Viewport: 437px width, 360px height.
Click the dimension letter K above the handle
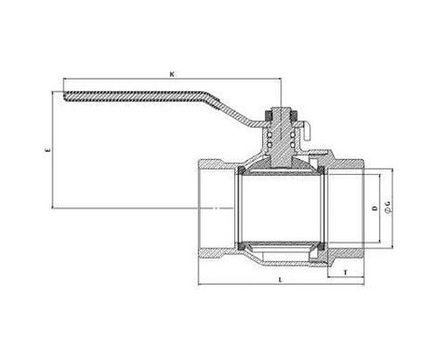tap(172, 74)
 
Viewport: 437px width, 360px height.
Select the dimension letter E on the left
tap(48, 150)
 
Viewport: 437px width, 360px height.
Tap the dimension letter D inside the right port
tap(375, 208)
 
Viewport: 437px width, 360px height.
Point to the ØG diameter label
tap(388, 206)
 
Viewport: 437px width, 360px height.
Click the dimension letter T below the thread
tap(345, 273)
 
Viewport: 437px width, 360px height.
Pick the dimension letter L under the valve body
tap(281, 280)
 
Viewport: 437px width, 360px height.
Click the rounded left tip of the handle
tap(65, 97)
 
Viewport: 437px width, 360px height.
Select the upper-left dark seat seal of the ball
tap(241, 170)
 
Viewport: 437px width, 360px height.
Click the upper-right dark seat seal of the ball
tap(321, 170)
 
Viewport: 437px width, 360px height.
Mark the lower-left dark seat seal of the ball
tap(241, 246)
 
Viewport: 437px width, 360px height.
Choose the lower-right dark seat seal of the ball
tap(321, 246)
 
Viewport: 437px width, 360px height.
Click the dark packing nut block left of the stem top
tap(268, 115)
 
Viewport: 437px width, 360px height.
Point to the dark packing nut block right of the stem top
tap(294, 115)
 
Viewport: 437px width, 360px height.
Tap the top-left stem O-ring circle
tap(270, 135)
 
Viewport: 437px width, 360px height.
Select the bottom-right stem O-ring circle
tap(293, 144)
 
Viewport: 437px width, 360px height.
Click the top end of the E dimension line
tap(52, 92)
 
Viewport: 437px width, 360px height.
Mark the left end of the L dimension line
tap(198, 284)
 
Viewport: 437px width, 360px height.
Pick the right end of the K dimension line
tap(281, 79)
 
